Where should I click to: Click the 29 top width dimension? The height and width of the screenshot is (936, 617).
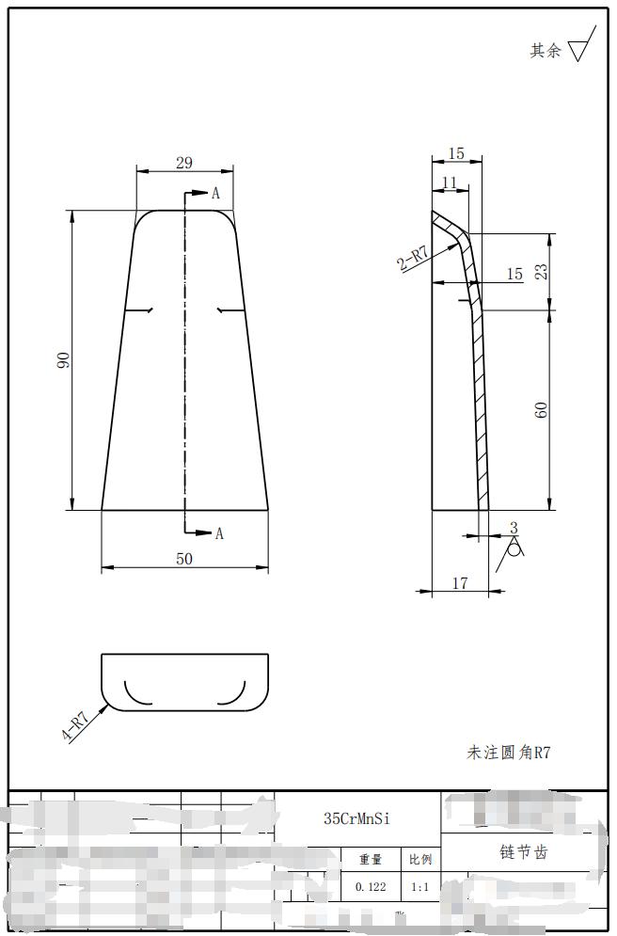(184, 163)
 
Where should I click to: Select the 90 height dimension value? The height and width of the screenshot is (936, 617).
(63, 360)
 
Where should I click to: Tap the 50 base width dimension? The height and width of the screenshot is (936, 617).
(184, 559)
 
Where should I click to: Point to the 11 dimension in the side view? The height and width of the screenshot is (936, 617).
(449, 182)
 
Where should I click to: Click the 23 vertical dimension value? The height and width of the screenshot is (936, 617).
(542, 271)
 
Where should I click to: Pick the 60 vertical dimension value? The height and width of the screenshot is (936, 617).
(542, 409)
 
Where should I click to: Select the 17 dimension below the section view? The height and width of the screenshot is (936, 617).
(460, 583)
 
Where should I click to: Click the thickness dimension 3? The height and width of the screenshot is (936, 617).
(514, 529)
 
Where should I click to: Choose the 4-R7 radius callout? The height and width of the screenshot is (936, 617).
(75, 726)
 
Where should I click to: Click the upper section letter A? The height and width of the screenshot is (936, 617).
(215, 194)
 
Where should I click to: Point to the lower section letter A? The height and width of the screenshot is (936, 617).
(219, 533)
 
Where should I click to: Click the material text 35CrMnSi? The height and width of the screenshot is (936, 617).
(356, 818)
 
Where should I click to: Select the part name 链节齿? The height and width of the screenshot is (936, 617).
(523, 852)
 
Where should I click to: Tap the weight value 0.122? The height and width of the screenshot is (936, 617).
(371, 887)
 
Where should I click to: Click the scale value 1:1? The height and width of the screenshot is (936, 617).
(419, 887)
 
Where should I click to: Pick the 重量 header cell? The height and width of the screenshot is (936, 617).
(371, 860)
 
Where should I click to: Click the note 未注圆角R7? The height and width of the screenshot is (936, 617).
(508, 752)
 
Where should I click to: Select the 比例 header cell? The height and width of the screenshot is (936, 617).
(419, 860)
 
